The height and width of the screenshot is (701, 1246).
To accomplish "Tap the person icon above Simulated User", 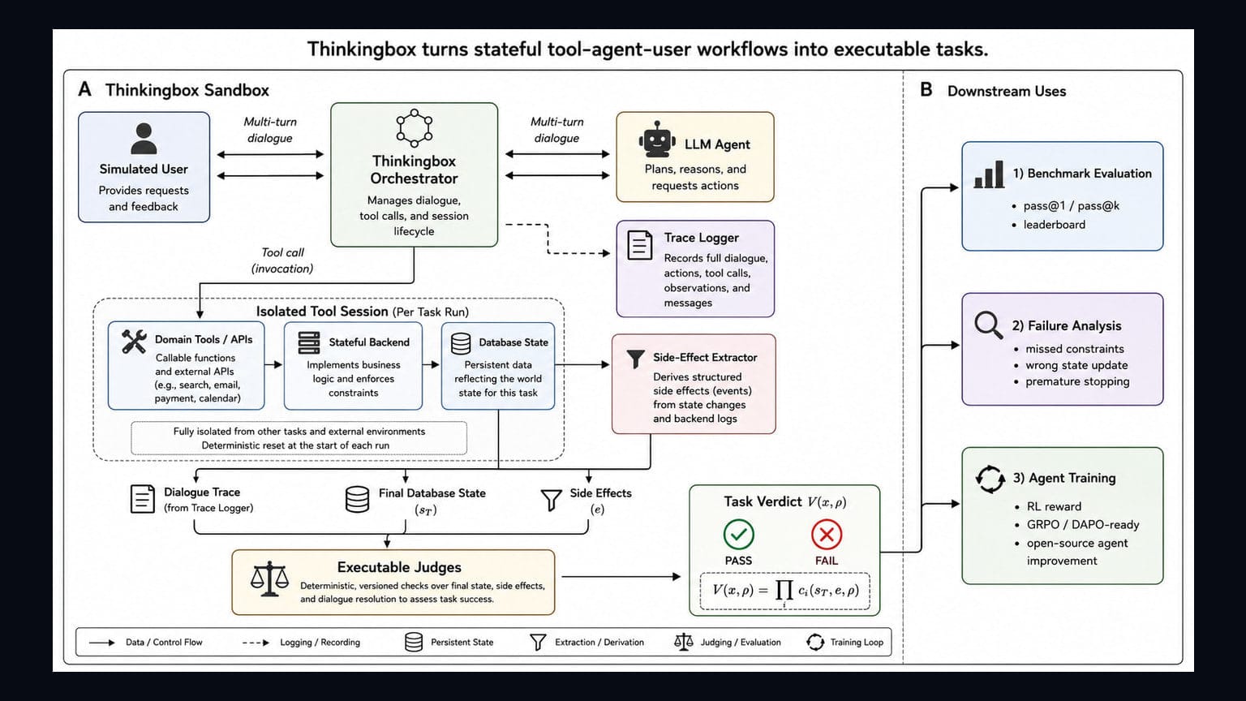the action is point(144,138).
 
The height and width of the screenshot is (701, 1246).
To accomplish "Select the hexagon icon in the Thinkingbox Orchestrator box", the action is point(414,128).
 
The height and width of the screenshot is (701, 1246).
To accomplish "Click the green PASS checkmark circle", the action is point(739,534).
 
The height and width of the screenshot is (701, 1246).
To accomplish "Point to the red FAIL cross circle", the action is point(827,534).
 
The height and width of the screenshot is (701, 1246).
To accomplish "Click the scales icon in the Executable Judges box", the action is point(269,578).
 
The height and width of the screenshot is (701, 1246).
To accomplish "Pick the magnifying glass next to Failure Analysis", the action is point(989,325).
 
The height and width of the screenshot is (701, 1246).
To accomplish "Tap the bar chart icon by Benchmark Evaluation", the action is point(989,174).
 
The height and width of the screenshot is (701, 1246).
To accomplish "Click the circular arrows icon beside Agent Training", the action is point(990,479).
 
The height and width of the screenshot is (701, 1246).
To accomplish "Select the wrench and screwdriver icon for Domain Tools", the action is point(134,342).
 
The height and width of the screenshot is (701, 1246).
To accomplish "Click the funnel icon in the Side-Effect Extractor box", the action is point(635,359).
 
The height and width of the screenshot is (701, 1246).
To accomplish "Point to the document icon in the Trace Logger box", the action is point(640,245).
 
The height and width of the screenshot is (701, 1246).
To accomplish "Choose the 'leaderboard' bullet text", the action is point(1054,225).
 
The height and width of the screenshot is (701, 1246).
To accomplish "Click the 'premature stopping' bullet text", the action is point(1077,381).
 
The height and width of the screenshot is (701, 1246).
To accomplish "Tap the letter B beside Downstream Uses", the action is point(926,89).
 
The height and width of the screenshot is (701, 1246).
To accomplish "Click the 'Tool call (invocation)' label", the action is point(282,260).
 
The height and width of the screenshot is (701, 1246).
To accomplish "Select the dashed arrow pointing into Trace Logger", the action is point(548,239).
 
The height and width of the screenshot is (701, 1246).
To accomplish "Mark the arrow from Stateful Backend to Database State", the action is point(431,364).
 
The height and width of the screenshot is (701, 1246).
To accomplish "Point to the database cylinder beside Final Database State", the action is point(357,499).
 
